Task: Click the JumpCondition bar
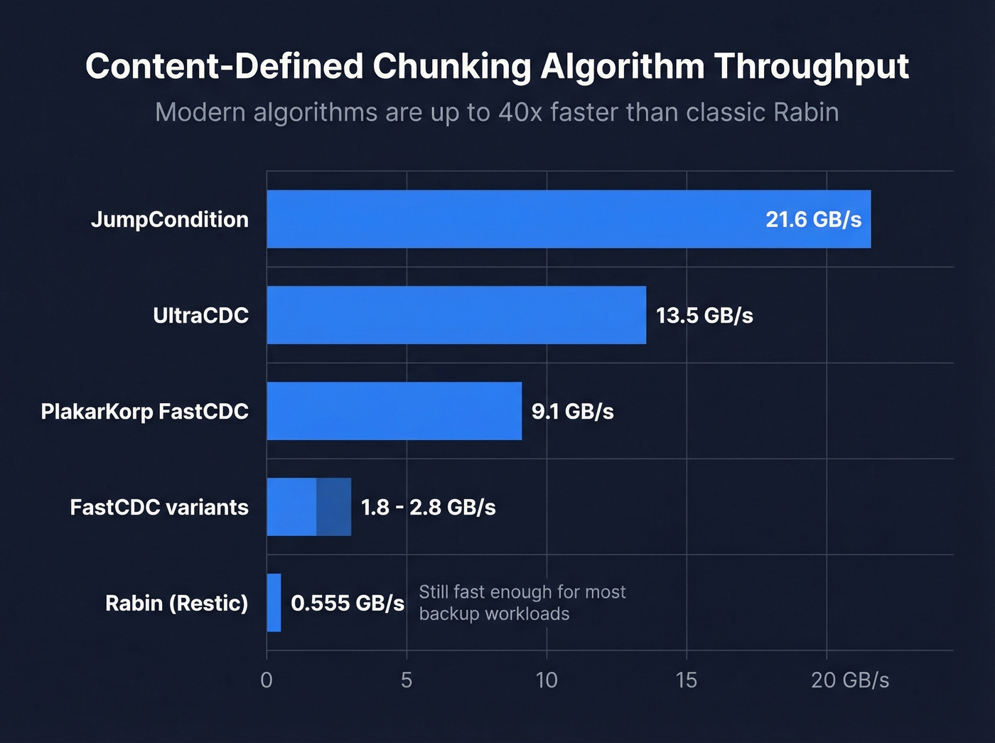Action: (512, 219)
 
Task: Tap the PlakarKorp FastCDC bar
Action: (394, 411)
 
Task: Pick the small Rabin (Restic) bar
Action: (274, 603)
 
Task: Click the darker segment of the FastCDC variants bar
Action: (333, 507)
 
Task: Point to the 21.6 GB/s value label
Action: (813, 219)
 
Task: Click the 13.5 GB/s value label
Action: (704, 315)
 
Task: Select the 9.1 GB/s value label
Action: (572, 411)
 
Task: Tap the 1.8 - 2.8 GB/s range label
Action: (428, 507)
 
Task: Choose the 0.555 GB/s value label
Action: (348, 603)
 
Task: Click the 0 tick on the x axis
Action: (267, 680)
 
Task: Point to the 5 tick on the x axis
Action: (407, 680)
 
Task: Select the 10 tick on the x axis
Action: (547, 680)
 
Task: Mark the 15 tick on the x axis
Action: (687, 680)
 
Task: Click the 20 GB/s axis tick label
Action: (850, 680)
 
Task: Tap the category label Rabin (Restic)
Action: (177, 603)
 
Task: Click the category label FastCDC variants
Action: (159, 507)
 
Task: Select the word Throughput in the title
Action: (812, 68)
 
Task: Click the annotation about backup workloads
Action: (522, 602)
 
